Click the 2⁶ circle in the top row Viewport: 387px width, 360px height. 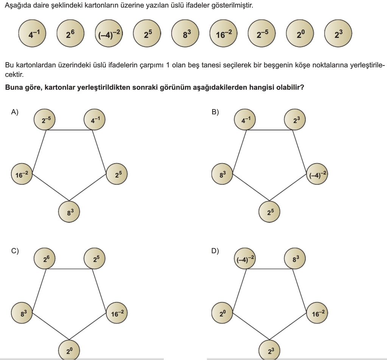click(x=70, y=33)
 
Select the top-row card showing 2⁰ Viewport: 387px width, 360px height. click(x=300, y=33)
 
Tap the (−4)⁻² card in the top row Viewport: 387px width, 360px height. click(x=109, y=33)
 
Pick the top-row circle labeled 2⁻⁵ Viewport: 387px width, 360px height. click(x=262, y=33)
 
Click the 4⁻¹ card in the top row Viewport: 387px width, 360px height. click(x=32, y=33)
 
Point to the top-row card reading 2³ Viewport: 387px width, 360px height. click(x=338, y=33)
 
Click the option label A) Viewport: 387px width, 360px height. click(x=14, y=112)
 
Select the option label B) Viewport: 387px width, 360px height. click(x=215, y=112)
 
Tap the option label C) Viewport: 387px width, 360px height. click(x=14, y=251)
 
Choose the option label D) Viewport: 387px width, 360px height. click(x=215, y=251)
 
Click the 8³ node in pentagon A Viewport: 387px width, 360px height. click(x=69, y=212)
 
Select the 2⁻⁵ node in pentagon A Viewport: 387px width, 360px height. click(x=44, y=120)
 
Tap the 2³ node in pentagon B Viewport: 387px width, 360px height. click(x=295, y=120)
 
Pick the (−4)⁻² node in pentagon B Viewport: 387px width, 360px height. click(x=317, y=174)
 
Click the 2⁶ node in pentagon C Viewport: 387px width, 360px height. click(x=44, y=258)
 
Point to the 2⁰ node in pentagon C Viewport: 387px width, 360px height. click(x=69, y=350)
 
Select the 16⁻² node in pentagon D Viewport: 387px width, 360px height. click(x=317, y=313)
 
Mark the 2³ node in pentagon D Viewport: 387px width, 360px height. click(x=269, y=350)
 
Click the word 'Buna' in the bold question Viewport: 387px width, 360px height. click(x=14, y=87)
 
